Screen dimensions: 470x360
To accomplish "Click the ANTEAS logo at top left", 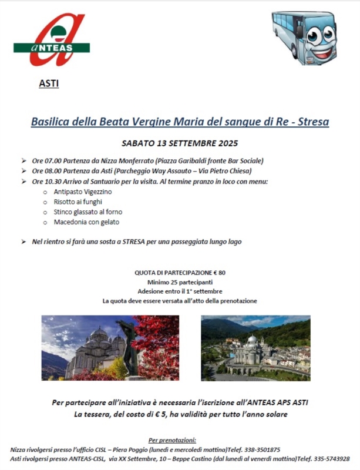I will point(52,40).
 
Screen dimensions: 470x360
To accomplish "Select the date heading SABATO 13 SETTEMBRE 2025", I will point(180,143).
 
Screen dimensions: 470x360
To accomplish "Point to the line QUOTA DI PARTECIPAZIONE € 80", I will point(180,272).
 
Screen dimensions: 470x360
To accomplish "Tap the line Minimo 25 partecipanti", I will point(180,282).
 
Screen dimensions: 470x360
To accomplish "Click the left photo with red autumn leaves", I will point(110,347).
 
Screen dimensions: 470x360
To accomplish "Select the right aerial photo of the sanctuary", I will point(255,348).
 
